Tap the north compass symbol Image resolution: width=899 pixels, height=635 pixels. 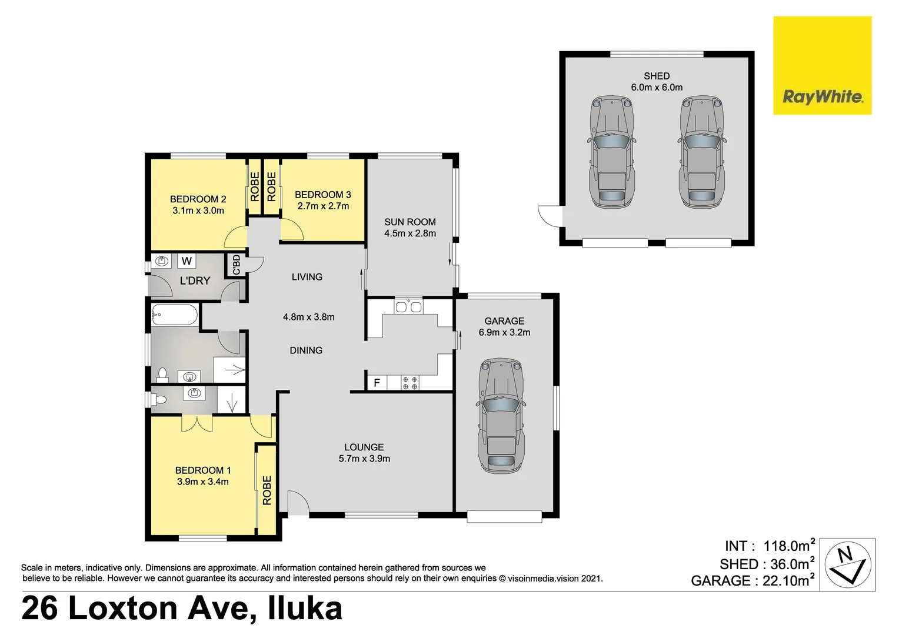tap(847, 564)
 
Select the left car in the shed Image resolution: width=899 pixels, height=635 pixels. tap(612, 152)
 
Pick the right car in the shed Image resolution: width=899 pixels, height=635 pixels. tap(702, 152)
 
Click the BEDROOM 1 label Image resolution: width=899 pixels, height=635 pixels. tap(203, 470)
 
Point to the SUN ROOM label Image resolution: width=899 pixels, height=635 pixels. tap(410, 222)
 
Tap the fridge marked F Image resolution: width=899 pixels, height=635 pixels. tap(377, 383)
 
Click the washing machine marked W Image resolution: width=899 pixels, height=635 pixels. tap(187, 261)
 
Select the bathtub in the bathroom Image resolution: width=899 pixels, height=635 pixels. tap(175, 315)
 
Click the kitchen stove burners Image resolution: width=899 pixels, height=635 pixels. tap(410, 383)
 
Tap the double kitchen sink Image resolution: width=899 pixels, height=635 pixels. tap(408, 306)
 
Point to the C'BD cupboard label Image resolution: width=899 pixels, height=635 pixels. tap(237, 265)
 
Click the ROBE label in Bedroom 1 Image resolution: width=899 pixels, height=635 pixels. tap(267, 490)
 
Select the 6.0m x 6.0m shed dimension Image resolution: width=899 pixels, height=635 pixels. tap(657, 88)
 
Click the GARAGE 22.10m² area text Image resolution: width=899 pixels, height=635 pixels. tap(753, 581)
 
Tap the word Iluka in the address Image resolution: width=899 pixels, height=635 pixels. tap(305, 608)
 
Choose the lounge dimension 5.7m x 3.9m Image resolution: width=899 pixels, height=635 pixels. tap(364, 459)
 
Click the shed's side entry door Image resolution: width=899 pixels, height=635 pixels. tap(551, 215)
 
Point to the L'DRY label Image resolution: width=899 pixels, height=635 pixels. tap(195, 281)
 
